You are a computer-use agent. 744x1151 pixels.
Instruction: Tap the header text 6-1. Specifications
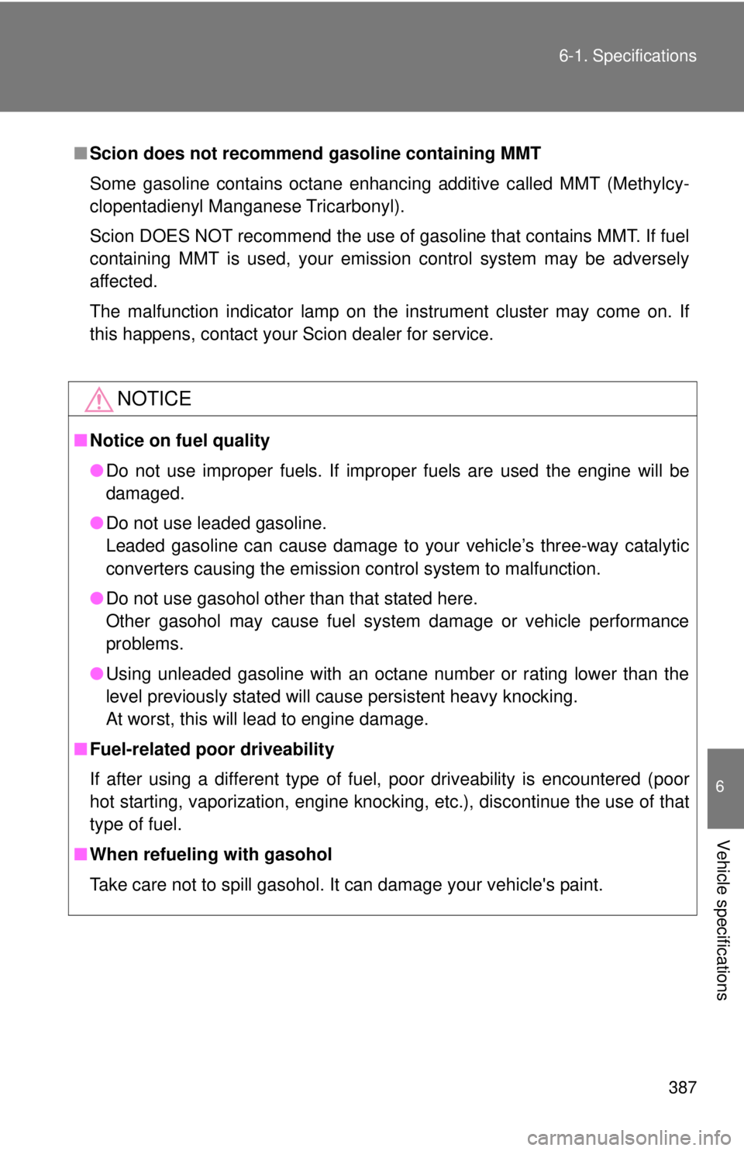tap(628, 56)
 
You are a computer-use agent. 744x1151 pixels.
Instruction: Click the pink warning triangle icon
tap(98, 399)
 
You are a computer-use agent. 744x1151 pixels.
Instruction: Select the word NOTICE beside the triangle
tap(154, 399)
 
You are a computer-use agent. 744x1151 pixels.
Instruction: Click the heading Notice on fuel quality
tap(180, 441)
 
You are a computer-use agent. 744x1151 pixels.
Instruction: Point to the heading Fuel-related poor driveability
tap(212, 749)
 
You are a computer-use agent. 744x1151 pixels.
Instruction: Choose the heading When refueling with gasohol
tap(211, 854)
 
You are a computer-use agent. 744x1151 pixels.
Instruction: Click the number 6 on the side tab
tap(720, 786)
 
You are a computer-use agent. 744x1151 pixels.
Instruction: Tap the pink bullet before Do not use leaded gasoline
tap(97, 523)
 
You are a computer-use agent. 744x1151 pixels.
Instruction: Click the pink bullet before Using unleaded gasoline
tap(97, 673)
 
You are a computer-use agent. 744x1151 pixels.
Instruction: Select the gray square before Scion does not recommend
tap(80, 153)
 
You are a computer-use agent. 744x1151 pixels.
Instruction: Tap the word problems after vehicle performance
tap(144, 644)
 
